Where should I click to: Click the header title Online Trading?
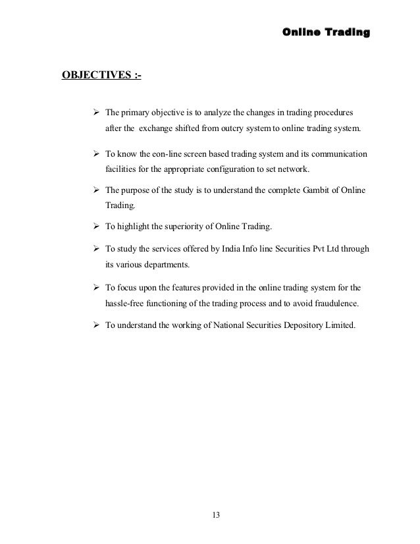tap(325, 32)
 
